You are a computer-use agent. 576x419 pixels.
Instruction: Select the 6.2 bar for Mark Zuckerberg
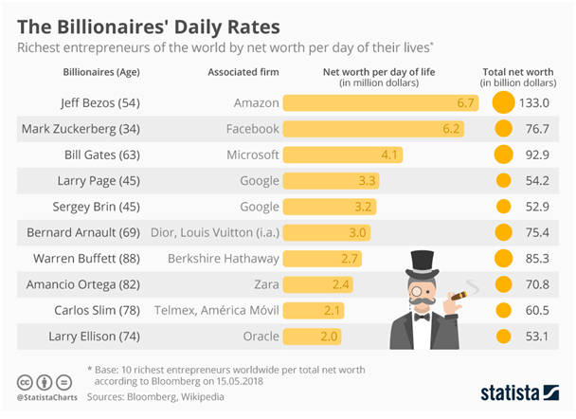tap(373, 128)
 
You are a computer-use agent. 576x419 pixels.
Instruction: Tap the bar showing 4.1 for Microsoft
tap(343, 154)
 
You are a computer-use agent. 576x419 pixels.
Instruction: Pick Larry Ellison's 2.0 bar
tap(312, 334)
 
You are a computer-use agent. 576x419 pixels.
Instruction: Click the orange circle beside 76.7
tap(503, 128)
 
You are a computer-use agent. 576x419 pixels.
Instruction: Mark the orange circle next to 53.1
tap(503, 334)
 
